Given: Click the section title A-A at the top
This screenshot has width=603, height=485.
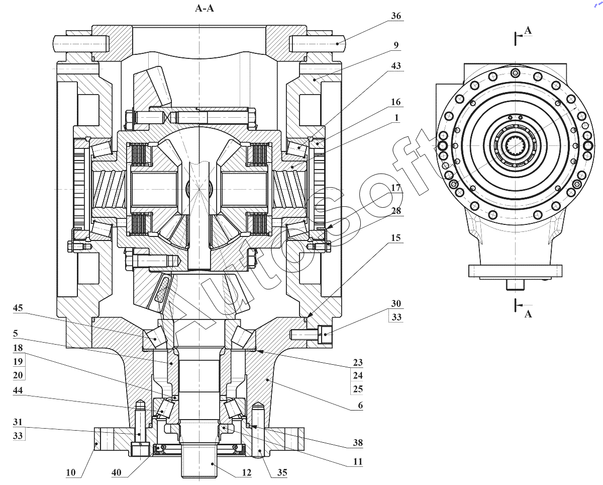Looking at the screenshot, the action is click(x=205, y=9).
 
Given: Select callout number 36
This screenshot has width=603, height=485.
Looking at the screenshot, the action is click(x=395, y=16).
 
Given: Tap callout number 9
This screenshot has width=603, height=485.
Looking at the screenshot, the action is click(x=396, y=45).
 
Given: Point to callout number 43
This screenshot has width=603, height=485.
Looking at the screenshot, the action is click(x=396, y=65).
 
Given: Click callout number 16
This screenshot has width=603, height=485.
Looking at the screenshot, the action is click(x=395, y=102).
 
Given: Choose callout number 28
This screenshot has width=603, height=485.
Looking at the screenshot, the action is click(x=396, y=211).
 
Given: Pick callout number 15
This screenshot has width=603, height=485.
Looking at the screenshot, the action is click(x=395, y=238).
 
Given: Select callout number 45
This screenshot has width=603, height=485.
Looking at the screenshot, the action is click(x=18, y=308).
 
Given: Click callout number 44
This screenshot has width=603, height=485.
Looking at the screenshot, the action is click(x=18, y=390).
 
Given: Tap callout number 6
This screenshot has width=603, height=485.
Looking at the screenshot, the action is click(x=360, y=405).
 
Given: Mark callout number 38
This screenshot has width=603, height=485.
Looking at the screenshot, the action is click(x=358, y=442).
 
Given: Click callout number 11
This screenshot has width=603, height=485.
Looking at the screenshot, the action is click(x=358, y=461).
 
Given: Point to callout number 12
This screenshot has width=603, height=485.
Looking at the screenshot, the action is click(x=247, y=472).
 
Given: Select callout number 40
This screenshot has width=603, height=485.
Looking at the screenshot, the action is click(x=116, y=472).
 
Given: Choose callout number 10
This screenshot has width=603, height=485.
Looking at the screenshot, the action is click(x=71, y=472).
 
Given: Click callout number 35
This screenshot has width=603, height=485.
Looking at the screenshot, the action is click(x=282, y=472).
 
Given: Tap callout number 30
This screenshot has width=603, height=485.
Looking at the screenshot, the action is click(x=396, y=303).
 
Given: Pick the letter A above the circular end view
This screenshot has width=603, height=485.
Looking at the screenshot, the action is click(x=528, y=30).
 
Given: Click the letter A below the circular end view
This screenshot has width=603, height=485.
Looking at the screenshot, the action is click(x=528, y=314).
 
